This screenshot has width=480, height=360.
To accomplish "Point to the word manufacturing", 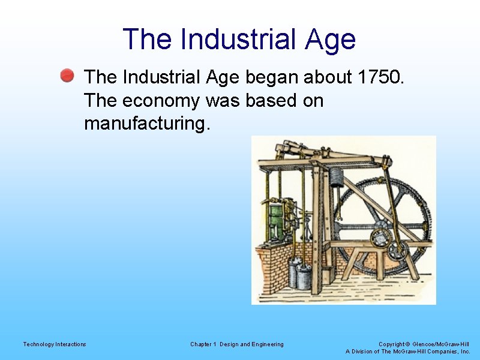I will point(148,124).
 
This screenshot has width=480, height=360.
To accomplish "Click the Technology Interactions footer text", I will point(55,344).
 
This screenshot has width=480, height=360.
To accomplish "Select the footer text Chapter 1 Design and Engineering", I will point(237,344).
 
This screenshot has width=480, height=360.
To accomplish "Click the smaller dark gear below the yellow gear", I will point(397,251).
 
